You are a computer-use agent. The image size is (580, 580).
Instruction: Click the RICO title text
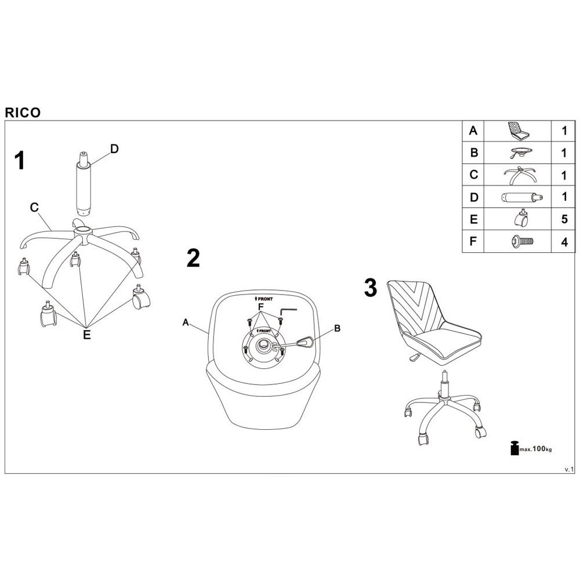pyautogui.click(x=23, y=113)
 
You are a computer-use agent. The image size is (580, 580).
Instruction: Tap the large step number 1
pyautogui.click(x=20, y=161)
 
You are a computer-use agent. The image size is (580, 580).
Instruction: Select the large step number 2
pyautogui.click(x=193, y=258)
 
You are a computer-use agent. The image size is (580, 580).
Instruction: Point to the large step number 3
pyautogui.click(x=370, y=288)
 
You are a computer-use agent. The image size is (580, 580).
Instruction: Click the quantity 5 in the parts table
pyautogui.click(x=564, y=219)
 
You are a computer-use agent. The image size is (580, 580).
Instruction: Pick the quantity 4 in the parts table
pyautogui.click(x=564, y=242)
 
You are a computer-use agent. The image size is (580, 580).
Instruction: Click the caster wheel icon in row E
pyautogui.click(x=521, y=218)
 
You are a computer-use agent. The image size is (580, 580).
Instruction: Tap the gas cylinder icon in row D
pyautogui.click(x=521, y=198)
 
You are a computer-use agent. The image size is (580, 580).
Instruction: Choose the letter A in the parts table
pyautogui.click(x=473, y=130)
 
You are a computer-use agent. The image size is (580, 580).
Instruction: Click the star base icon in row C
pyautogui.click(x=520, y=175)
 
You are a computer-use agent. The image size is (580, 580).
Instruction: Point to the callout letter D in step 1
pyautogui.click(x=115, y=148)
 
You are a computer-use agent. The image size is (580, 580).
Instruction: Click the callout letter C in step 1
pyautogui.click(x=34, y=207)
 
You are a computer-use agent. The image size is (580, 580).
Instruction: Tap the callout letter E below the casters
pyautogui.click(x=86, y=335)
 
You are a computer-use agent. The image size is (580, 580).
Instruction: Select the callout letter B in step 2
pyautogui.click(x=337, y=328)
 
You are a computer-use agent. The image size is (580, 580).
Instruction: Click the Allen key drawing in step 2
pyautogui.click(x=288, y=310)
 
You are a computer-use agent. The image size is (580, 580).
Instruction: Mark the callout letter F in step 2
pyautogui.click(x=261, y=307)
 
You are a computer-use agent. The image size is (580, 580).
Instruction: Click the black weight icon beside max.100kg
pyautogui.click(x=514, y=448)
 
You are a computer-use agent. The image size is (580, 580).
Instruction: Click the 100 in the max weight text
pyautogui.click(x=539, y=449)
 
